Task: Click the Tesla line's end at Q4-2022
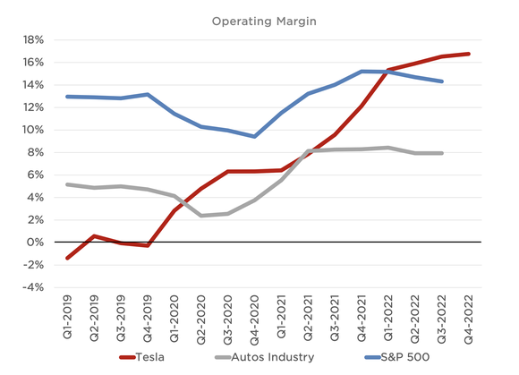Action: [x=468, y=54]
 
